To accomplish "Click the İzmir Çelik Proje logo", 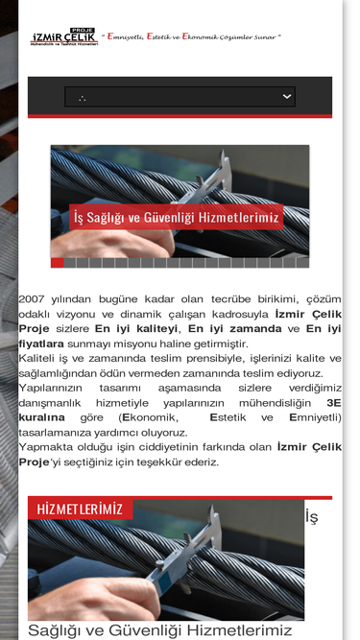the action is pos(63,37).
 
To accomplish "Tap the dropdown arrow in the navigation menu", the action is pos(287,96).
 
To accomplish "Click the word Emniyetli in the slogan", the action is pos(125,36).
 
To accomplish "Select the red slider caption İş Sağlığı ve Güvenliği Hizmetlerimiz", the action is pos(177,218).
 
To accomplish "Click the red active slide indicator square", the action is pos(57,262).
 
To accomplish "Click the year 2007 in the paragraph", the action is pos(32,299).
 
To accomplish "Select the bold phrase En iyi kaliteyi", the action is pos(135,328).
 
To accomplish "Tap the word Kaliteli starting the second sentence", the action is pos(43,358).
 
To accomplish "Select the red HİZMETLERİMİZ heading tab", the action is pos(80,509).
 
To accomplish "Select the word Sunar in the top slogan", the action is pos(265,36).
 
